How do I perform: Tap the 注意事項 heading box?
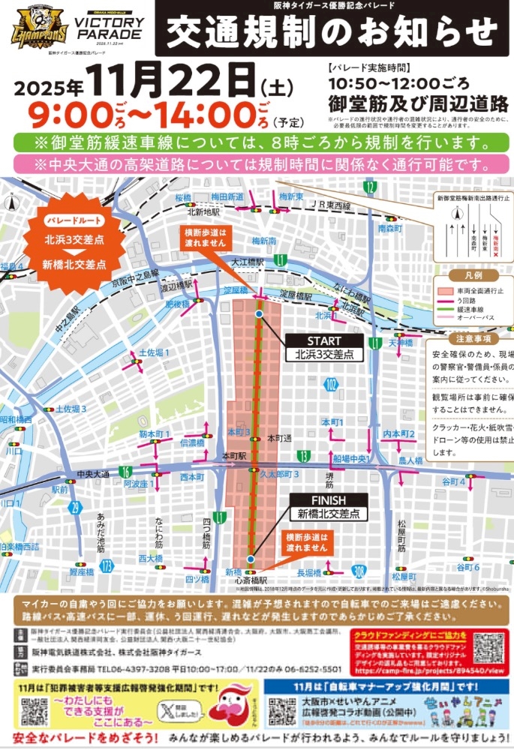[470, 340]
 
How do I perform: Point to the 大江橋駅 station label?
[248, 262]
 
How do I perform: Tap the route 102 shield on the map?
[331, 384]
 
